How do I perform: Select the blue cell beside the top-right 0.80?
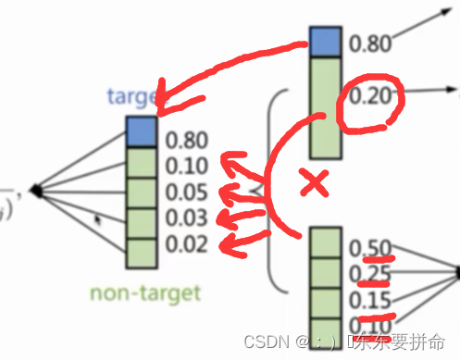click(325, 43)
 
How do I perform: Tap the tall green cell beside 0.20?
click(325, 106)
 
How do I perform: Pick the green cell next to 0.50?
click(325, 242)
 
